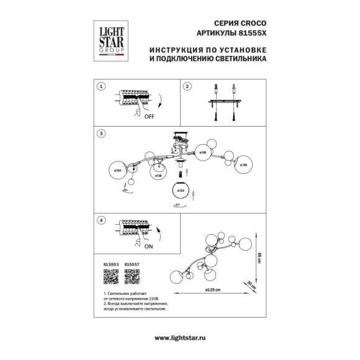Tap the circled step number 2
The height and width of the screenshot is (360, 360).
(x=186, y=87)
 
